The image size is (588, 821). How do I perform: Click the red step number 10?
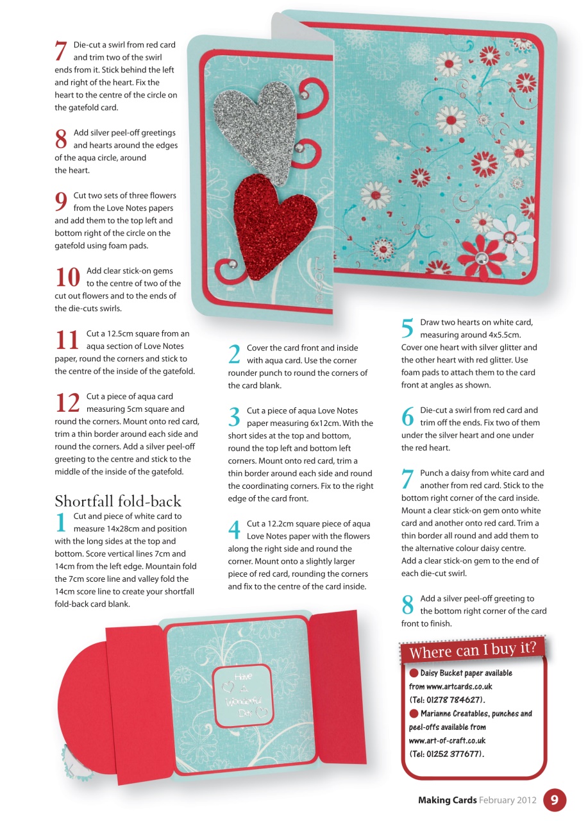pos(67,276)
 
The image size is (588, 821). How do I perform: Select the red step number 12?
pos(67,402)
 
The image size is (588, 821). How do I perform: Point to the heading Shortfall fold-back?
pos(118,501)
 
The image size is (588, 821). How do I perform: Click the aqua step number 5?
pos(407,328)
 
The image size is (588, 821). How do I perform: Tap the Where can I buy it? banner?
pos(473,649)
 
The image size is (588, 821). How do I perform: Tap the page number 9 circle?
pos(555,800)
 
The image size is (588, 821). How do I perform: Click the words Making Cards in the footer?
pos(447,800)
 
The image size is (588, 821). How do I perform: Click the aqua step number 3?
pos(234,416)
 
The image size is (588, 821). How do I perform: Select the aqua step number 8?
pos(407,604)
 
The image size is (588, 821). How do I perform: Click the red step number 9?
pos(61,201)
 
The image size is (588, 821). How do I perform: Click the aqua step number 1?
pos(61,522)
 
